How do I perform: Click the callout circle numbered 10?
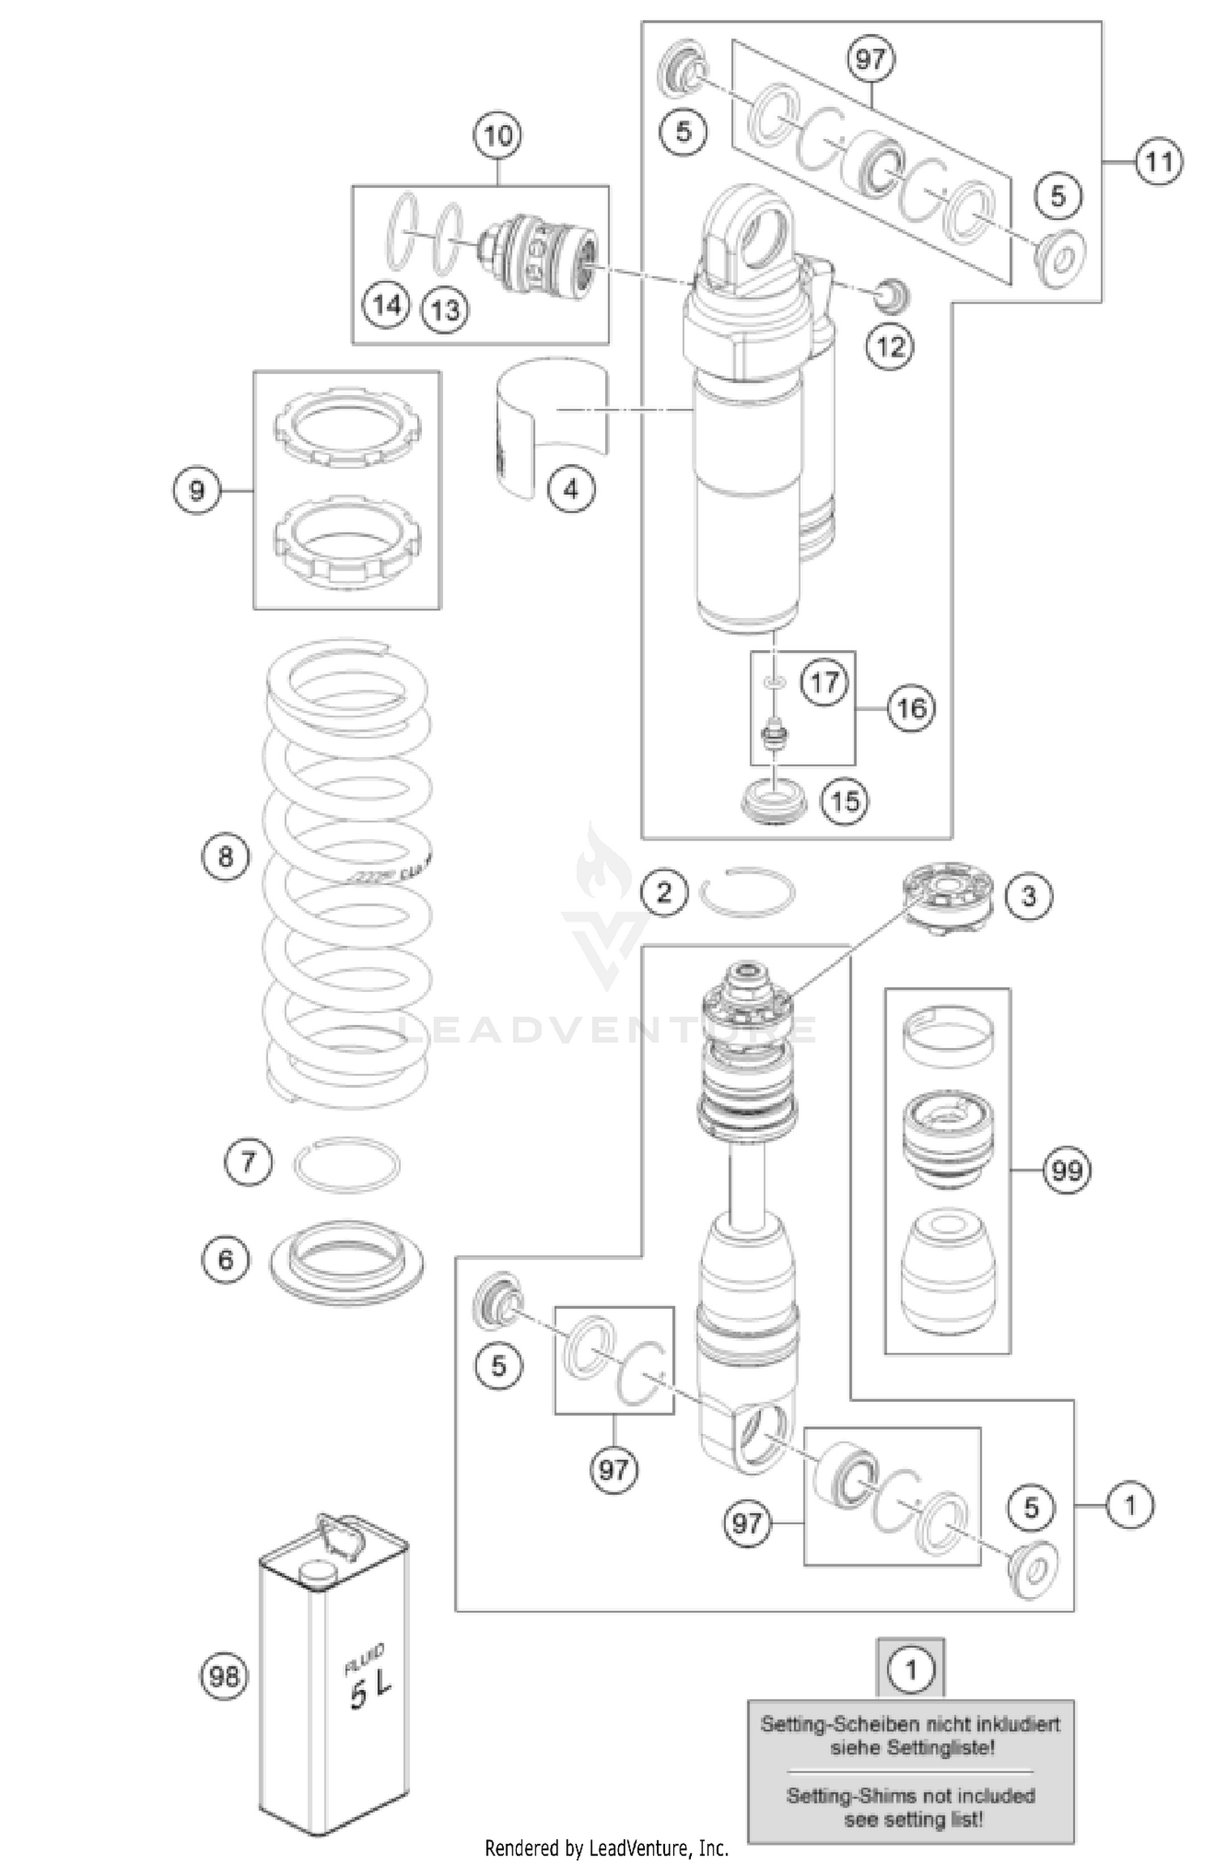(x=497, y=135)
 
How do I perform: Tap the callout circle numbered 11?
(x=1157, y=163)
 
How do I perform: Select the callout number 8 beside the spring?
(x=225, y=857)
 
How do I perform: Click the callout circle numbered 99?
(x=1067, y=1170)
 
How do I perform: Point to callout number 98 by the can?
(x=224, y=1676)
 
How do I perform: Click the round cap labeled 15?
(x=775, y=801)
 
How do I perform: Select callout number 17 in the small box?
(x=825, y=682)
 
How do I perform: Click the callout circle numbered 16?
(x=911, y=708)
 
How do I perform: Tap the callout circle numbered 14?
(x=387, y=306)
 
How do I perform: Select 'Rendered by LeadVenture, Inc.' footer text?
(x=607, y=1849)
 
